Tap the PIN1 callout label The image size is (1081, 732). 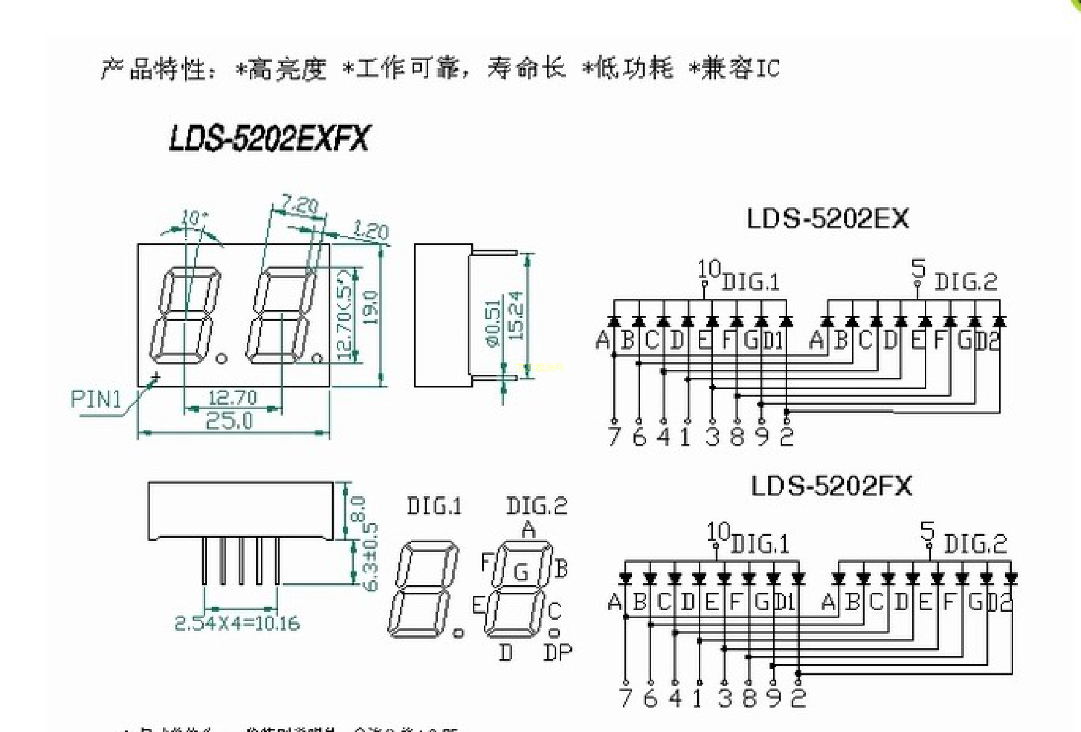pyautogui.click(x=96, y=400)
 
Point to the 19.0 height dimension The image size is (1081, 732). pyautogui.click(x=371, y=307)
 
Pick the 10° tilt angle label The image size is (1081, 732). pyautogui.click(x=195, y=219)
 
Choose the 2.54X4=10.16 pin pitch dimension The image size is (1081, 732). pyautogui.click(x=237, y=623)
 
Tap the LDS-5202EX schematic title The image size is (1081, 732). pyautogui.click(x=827, y=219)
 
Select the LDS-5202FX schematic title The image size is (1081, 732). pyautogui.click(x=832, y=486)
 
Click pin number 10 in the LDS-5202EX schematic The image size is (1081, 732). pyautogui.click(x=708, y=269)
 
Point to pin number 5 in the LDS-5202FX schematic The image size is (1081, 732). pyautogui.click(x=927, y=531)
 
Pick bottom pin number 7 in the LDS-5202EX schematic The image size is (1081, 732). pyautogui.click(x=614, y=437)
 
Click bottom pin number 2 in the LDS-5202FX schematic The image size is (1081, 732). pyautogui.click(x=798, y=698)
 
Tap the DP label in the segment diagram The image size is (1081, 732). pyautogui.click(x=558, y=653)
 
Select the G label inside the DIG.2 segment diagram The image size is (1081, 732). pyautogui.click(x=521, y=572)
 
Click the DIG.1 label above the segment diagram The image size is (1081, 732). pyautogui.click(x=434, y=506)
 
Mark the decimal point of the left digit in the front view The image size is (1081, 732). pyautogui.click(x=221, y=359)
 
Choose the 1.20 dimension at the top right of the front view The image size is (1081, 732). pyautogui.click(x=371, y=231)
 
